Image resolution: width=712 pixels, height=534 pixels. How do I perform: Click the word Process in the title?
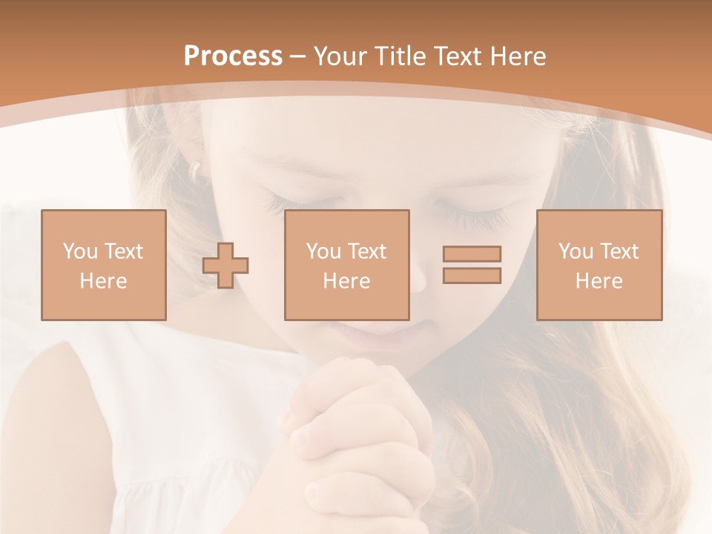(233, 56)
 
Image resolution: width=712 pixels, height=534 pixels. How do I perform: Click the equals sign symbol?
(472, 265)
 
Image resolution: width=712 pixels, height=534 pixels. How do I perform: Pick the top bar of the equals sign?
(472, 254)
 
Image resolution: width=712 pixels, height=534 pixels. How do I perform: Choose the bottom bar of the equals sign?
(472, 276)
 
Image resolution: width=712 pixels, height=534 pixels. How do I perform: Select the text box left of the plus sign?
(104, 265)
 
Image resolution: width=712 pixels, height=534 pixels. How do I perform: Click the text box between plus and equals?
(347, 265)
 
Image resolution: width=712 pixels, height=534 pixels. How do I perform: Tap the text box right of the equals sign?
(599, 265)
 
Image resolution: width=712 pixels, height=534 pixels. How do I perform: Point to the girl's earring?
(195, 173)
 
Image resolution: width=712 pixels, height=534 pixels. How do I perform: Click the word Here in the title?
(518, 56)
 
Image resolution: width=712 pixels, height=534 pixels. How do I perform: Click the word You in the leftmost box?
(80, 251)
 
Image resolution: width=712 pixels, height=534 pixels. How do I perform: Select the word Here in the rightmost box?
(599, 281)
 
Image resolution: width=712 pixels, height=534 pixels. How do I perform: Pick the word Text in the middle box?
(367, 251)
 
